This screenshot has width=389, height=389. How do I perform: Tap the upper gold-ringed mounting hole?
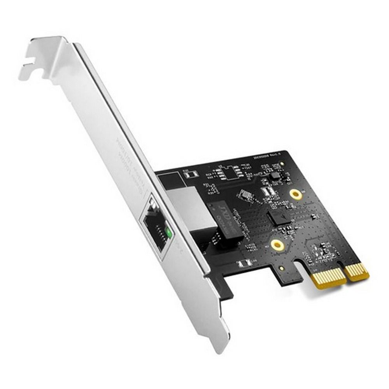(296, 194)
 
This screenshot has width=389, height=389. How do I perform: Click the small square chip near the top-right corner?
(275, 175)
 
